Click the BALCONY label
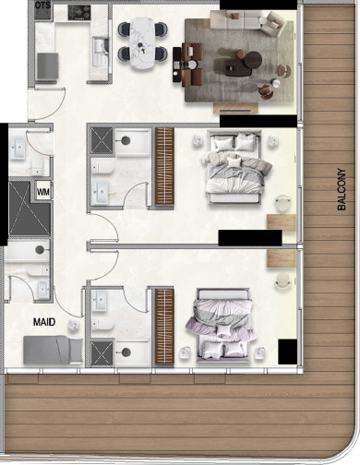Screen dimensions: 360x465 (342, 189)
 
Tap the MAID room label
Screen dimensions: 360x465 (44, 322)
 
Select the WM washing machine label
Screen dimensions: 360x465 (43, 193)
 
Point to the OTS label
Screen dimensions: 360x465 (42, 6)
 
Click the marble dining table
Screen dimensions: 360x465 (142, 43)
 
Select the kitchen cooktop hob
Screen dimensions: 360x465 (79, 13)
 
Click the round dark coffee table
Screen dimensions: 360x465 (253, 60)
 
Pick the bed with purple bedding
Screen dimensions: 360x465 (222, 326)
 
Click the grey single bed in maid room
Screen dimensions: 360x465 (53, 350)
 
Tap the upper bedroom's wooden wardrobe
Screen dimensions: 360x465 (164, 167)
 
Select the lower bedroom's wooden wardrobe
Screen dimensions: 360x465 (164, 327)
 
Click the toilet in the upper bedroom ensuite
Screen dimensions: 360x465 (102, 168)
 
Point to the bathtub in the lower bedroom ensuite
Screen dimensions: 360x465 (133, 352)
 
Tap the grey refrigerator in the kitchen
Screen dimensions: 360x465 (47, 66)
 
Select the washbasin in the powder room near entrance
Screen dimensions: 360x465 (18, 149)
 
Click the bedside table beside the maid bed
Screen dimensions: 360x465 (72, 326)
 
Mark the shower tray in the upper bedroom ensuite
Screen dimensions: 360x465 (102, 141)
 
